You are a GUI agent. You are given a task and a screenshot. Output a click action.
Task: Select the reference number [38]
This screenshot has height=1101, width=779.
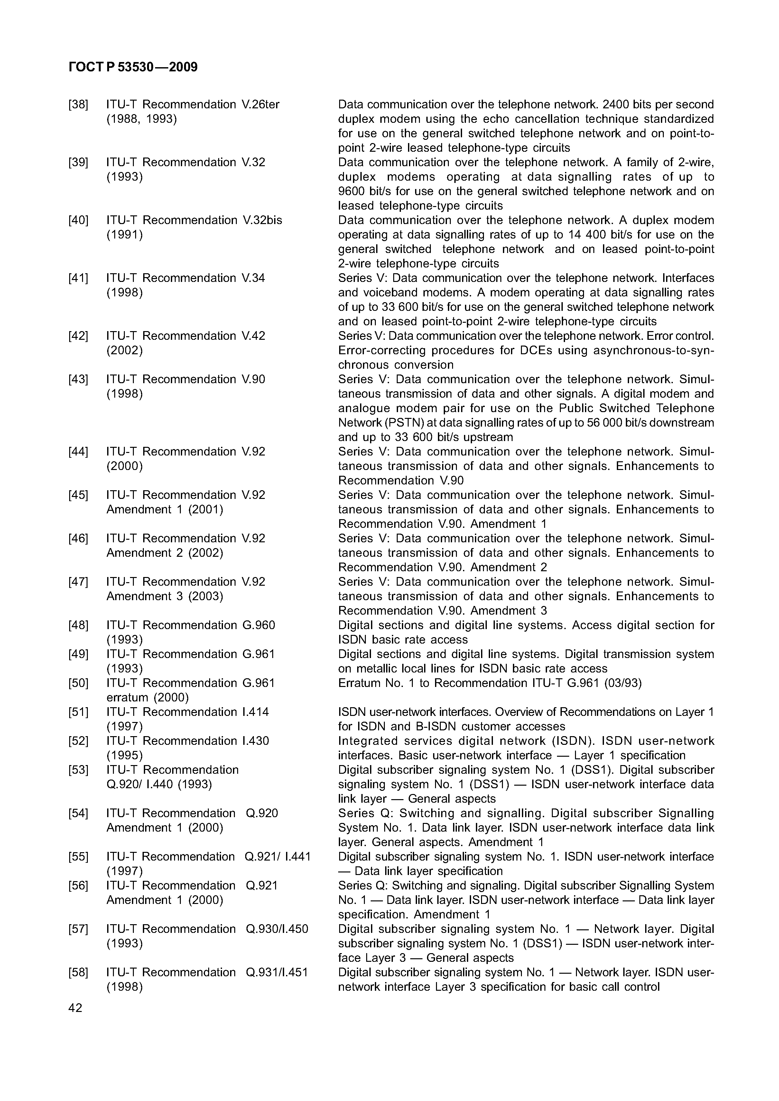click(x=78, y=104)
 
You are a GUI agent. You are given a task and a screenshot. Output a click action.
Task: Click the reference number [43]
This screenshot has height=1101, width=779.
click(x=78, y=379)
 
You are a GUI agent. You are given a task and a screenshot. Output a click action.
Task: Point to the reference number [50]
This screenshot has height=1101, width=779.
click(x=78, y=683)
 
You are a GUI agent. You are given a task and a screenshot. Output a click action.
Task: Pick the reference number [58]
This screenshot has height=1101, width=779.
click(x=78, y=972)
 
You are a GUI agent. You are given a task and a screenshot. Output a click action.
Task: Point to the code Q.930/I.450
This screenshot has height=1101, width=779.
click(x=277, y=929)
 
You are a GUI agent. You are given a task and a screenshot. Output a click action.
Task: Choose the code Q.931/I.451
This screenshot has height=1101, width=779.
click(x=277, y=972)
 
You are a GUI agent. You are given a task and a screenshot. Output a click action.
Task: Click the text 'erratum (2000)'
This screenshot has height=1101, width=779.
click(x=148, y=697)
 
